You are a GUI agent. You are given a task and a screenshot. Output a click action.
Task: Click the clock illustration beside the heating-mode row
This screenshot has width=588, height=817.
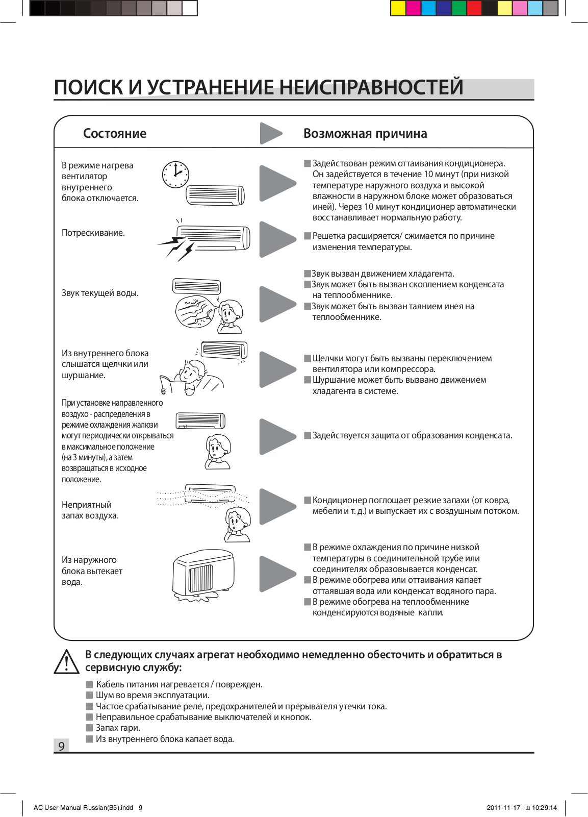(175, 175)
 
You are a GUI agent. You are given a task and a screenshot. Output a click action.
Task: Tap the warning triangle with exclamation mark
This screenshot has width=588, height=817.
(66, 662)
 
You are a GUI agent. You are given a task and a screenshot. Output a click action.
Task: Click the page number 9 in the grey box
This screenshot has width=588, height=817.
(61, 746)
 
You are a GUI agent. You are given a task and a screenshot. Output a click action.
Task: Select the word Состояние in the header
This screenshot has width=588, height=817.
(115, 133)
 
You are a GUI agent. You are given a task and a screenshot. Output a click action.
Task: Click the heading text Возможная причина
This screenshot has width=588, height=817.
(365, 133)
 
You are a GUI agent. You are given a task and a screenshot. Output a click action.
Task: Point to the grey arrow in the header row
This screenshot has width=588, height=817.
(270, 134)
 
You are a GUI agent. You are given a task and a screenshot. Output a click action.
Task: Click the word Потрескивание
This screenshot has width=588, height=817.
(93, 233)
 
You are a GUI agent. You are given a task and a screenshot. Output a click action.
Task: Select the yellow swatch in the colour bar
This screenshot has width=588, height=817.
(398, 8)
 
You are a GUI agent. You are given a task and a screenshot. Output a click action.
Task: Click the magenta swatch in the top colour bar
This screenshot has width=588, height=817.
(414, 8)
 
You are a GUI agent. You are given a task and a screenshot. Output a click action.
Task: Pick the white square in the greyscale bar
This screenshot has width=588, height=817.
(189, 8)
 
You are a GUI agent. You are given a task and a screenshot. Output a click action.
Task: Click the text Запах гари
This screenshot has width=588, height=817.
(118, 728)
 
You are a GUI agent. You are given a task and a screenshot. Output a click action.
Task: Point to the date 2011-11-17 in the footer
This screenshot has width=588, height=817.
(503, 808)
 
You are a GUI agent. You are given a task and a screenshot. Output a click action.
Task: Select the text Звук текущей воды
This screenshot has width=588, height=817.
(100, 293)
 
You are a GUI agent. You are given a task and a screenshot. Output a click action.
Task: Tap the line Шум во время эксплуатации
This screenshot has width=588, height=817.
(152, 695)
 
